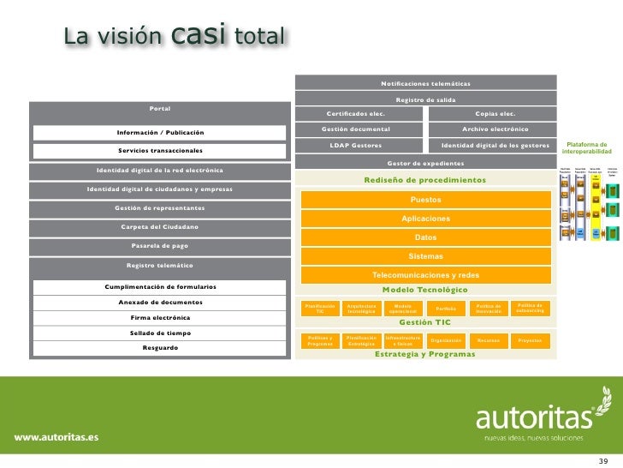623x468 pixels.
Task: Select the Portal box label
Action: point(159,109)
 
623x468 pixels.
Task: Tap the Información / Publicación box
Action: point(160,132)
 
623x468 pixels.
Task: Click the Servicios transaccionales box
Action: point(160,151)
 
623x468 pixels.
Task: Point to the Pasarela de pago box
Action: point(160,245)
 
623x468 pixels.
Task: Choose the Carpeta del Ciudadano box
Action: point(160,226)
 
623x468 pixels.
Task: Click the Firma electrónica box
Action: point(160,317)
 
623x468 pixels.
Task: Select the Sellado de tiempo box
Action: point(160,333)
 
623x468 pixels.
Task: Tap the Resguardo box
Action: point(160,348)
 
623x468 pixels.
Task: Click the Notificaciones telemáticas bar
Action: point(425,83)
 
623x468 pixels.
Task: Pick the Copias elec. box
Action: point(495,113)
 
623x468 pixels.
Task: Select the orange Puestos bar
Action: point(425,200)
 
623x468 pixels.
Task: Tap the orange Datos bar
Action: point(425,237)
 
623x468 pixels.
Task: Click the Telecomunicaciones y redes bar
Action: point(425,275)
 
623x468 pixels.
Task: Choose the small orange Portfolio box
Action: point(445,309)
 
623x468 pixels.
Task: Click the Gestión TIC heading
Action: point(425,322)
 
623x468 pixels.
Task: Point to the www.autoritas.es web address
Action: point(55,413)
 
